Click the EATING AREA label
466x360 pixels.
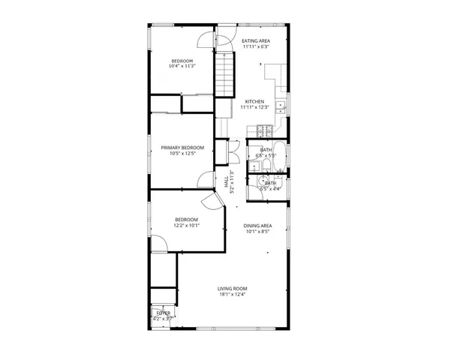point(256,40)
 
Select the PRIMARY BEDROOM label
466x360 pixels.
point(182,148)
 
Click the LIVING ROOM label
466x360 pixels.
point(233,289)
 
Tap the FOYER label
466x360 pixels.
point(163,312)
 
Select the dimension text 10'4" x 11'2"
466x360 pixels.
point(182,67)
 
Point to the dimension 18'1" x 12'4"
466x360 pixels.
point(233,295)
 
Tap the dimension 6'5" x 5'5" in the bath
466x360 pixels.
point(266,156)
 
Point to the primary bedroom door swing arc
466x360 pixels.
point(205,180)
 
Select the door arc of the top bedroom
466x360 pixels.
point(206,40)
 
